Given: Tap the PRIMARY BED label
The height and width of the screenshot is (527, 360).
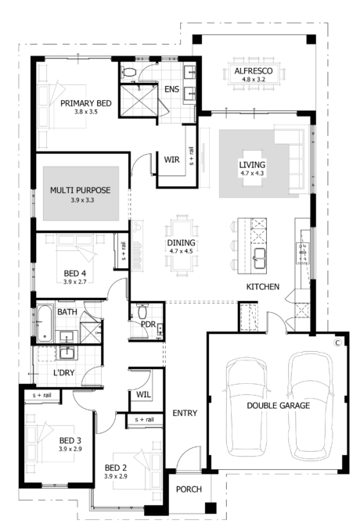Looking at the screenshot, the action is point(86,103).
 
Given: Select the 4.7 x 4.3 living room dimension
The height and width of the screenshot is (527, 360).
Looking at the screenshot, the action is point(252,174).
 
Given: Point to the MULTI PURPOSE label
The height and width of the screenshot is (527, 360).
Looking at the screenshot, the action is point(81,190).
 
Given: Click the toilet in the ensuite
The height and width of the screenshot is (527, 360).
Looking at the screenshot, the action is point(129,71).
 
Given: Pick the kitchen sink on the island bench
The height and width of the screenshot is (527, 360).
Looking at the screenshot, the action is point(259,258).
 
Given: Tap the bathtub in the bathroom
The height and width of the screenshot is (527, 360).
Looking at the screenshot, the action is point(45,323).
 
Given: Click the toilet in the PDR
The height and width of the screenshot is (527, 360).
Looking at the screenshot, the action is point(142,311).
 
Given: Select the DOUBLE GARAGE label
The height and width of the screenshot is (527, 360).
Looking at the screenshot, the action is point(279,406).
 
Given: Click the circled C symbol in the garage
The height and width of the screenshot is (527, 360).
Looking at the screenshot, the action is point(337,342).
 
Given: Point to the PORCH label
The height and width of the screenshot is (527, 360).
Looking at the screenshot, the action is point(189,489).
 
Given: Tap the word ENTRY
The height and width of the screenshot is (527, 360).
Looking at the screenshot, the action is point(185,413).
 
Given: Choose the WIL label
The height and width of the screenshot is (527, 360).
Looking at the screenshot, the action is point(144,394).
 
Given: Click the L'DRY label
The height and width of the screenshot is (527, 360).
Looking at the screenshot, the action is point(64,373).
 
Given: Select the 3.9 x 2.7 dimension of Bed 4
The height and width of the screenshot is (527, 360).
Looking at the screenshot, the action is point(74,282).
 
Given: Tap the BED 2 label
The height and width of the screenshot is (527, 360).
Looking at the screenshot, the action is point(115,468).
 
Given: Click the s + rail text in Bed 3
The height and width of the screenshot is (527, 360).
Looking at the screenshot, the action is point(41,396).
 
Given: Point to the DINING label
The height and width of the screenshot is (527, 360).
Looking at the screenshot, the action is point(181,242).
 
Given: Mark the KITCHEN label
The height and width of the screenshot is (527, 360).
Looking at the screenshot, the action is point(263,287).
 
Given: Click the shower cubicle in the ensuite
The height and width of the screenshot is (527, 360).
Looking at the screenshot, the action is point(139,100).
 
